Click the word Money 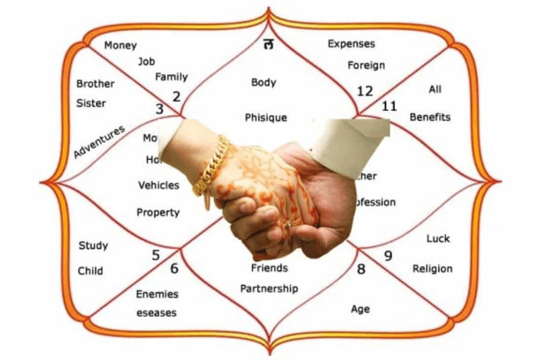120,45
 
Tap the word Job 146,61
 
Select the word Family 171,77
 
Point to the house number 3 160,109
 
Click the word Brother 95,84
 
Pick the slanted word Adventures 99,141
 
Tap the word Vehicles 158,186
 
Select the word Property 158,212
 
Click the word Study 93,246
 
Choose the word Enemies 157,294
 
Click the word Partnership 269,289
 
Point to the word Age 360,309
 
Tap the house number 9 388,256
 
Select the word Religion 432,269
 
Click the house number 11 389,107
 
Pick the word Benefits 430,116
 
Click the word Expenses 351,44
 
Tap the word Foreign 366,66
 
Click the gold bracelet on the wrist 211,167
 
